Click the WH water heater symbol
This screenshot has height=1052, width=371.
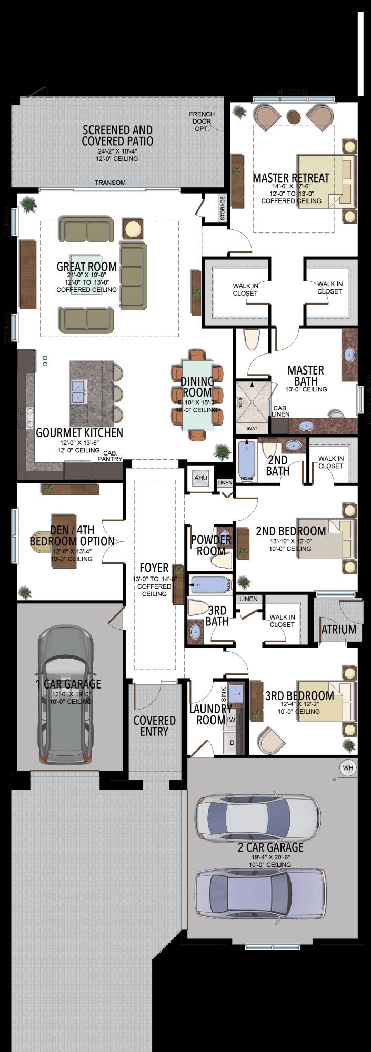click(x=348, y=768)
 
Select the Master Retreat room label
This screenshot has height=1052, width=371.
click(x=290, y=178)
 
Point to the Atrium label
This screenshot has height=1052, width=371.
click(x=339, y=629)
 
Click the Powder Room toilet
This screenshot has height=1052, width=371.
click(x=222, y=561)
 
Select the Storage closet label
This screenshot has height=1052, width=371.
click(x=223, y=208)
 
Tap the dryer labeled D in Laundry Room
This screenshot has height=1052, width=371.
click(x=232, y=742)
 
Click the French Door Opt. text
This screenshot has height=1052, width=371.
click(x=202, y=121)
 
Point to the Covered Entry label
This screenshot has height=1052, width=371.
click(x=154, y=725)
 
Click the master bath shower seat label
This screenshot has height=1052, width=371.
click(x=252, y=428)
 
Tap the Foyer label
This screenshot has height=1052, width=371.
click(x=154, y=568)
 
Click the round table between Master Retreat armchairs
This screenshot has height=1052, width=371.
click(x=293, y=115)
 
